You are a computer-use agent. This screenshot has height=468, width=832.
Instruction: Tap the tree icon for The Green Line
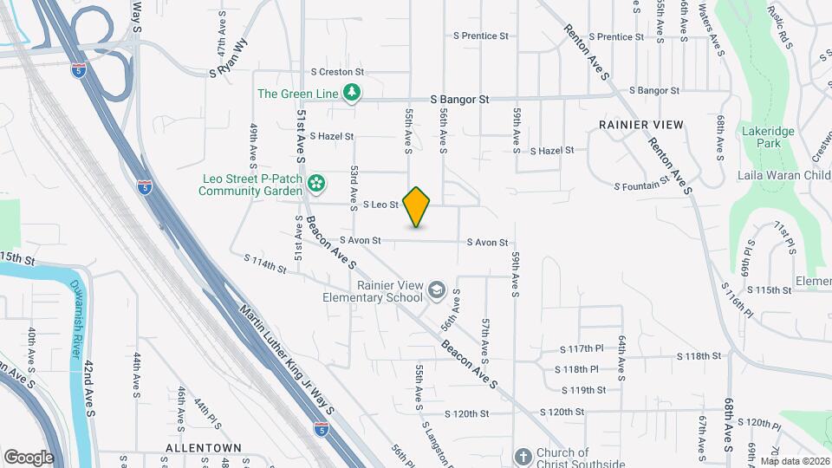pos(351,92)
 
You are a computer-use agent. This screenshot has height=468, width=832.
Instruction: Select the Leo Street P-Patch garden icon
pos(317,182)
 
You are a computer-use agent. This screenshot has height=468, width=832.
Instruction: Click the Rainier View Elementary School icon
pos(436,289)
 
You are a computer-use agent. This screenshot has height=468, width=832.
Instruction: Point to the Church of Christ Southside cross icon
pos(523,457)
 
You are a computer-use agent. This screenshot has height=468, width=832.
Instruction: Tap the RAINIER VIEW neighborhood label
pos(640,125)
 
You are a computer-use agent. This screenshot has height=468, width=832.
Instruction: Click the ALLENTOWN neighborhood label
pos(204,447)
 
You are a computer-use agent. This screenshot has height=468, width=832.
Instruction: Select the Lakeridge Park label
pos(762,137)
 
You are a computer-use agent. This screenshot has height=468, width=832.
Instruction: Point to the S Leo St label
pos(380,205)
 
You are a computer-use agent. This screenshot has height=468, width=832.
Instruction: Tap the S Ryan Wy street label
pos(228,58)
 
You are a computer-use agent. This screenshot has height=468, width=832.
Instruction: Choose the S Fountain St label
pos(642,184)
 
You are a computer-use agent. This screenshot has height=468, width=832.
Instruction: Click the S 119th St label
pos(582,390)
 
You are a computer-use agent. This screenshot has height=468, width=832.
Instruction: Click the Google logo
pos(29,457)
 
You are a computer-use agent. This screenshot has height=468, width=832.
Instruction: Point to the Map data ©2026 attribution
pos(795,461)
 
